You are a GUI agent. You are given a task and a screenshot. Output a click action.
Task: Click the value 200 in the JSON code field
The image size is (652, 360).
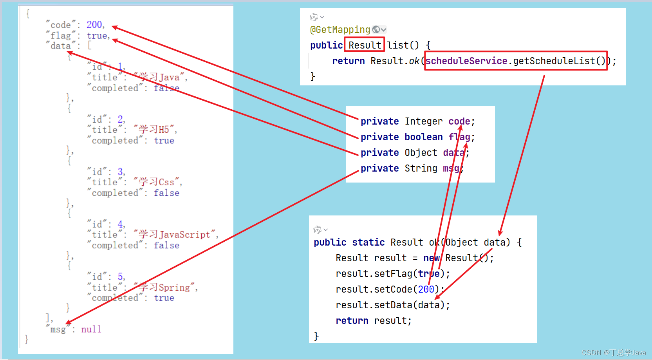click(94, 25)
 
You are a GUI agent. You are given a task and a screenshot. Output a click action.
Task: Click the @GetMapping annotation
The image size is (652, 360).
click(340, 30)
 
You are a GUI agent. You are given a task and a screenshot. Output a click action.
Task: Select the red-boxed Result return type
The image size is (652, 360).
click(365, 45)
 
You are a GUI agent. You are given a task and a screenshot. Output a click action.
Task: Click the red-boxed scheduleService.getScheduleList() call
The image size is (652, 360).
click(515, 61)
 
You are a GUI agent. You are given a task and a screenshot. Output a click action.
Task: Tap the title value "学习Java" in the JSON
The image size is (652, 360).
click(160, 77)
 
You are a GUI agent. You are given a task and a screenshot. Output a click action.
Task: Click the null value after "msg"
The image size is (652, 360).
click(91, 329)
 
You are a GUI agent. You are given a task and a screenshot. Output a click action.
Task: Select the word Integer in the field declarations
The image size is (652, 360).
click(423, 121)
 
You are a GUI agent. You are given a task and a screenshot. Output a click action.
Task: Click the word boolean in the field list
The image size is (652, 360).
click(423, 137)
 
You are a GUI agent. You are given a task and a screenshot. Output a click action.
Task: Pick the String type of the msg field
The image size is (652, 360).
click(421, 168)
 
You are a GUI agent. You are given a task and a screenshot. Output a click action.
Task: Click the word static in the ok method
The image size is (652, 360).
click(368, 242)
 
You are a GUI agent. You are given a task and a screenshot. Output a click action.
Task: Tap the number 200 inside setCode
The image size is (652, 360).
click(426, 289)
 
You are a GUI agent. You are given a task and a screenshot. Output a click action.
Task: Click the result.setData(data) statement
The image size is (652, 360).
click(392, 305)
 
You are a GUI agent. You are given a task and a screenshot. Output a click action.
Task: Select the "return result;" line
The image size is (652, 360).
click(373, 321)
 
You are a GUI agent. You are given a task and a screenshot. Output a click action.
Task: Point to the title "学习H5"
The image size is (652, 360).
click(155, 129)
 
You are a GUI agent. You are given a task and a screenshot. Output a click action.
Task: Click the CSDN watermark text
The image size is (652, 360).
click(613, 353)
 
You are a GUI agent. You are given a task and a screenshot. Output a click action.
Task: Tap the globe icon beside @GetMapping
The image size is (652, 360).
click(376, 30)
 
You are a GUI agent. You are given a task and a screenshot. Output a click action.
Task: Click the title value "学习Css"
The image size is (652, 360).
click(157, 182)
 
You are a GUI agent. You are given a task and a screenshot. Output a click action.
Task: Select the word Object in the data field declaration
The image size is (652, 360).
click(421, 153)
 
